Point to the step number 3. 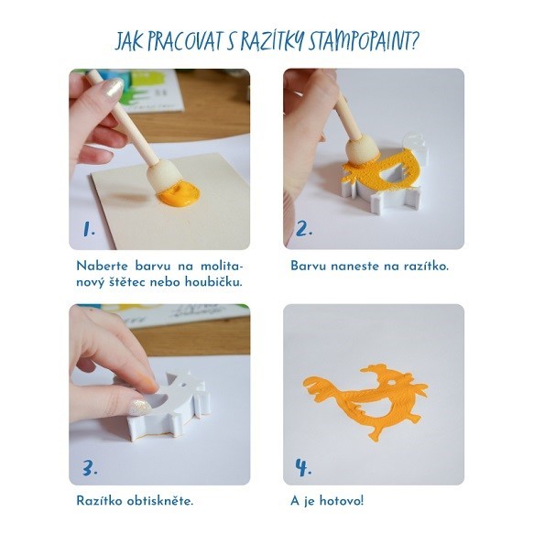90,467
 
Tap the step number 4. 303,467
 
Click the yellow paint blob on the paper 179,194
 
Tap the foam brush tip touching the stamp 362,151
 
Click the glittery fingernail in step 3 140,408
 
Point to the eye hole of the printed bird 392,383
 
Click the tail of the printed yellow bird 319,387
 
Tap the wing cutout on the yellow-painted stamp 392,174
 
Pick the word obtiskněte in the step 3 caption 160,501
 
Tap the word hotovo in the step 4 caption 342,501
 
